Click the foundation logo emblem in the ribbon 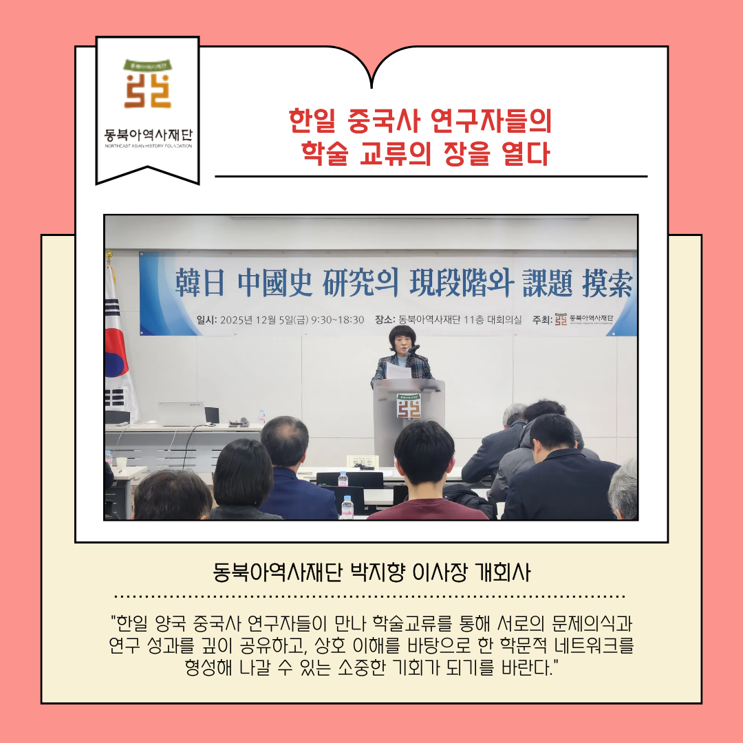(148, 85)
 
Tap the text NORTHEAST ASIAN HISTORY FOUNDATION (148, 146)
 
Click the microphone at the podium (414, 350)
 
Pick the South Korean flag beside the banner (118, 344)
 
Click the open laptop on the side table (181, 414)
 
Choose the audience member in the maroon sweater (424, 482)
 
